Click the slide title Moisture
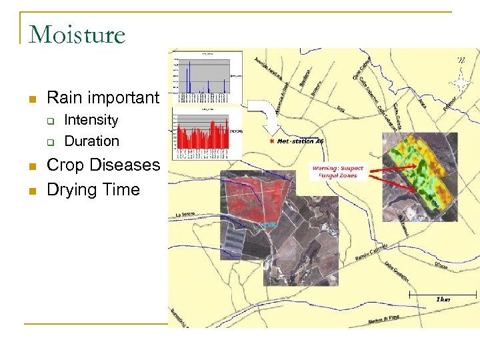pyautogui.click(x=77, y=35)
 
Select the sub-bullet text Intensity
pyautogui.click(x=91, y=120)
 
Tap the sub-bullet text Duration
pyautogui.click(x=91, y=141)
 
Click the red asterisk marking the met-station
pyautogui.click(x=271, y=142)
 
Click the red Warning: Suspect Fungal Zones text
pyautogui.click(x=338, y=172)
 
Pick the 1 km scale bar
pyautogui.click(x=443, y=293)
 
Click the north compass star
pyautogui.click(x=459, y=83)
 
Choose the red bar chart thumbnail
pyautogui.click(x=207, y=133)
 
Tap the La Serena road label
pyautogui.click(x=189, y=214)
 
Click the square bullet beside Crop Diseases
pyautogui.click(x=31, y=165)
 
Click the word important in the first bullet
pyautogui.click(x=127, y=98)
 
